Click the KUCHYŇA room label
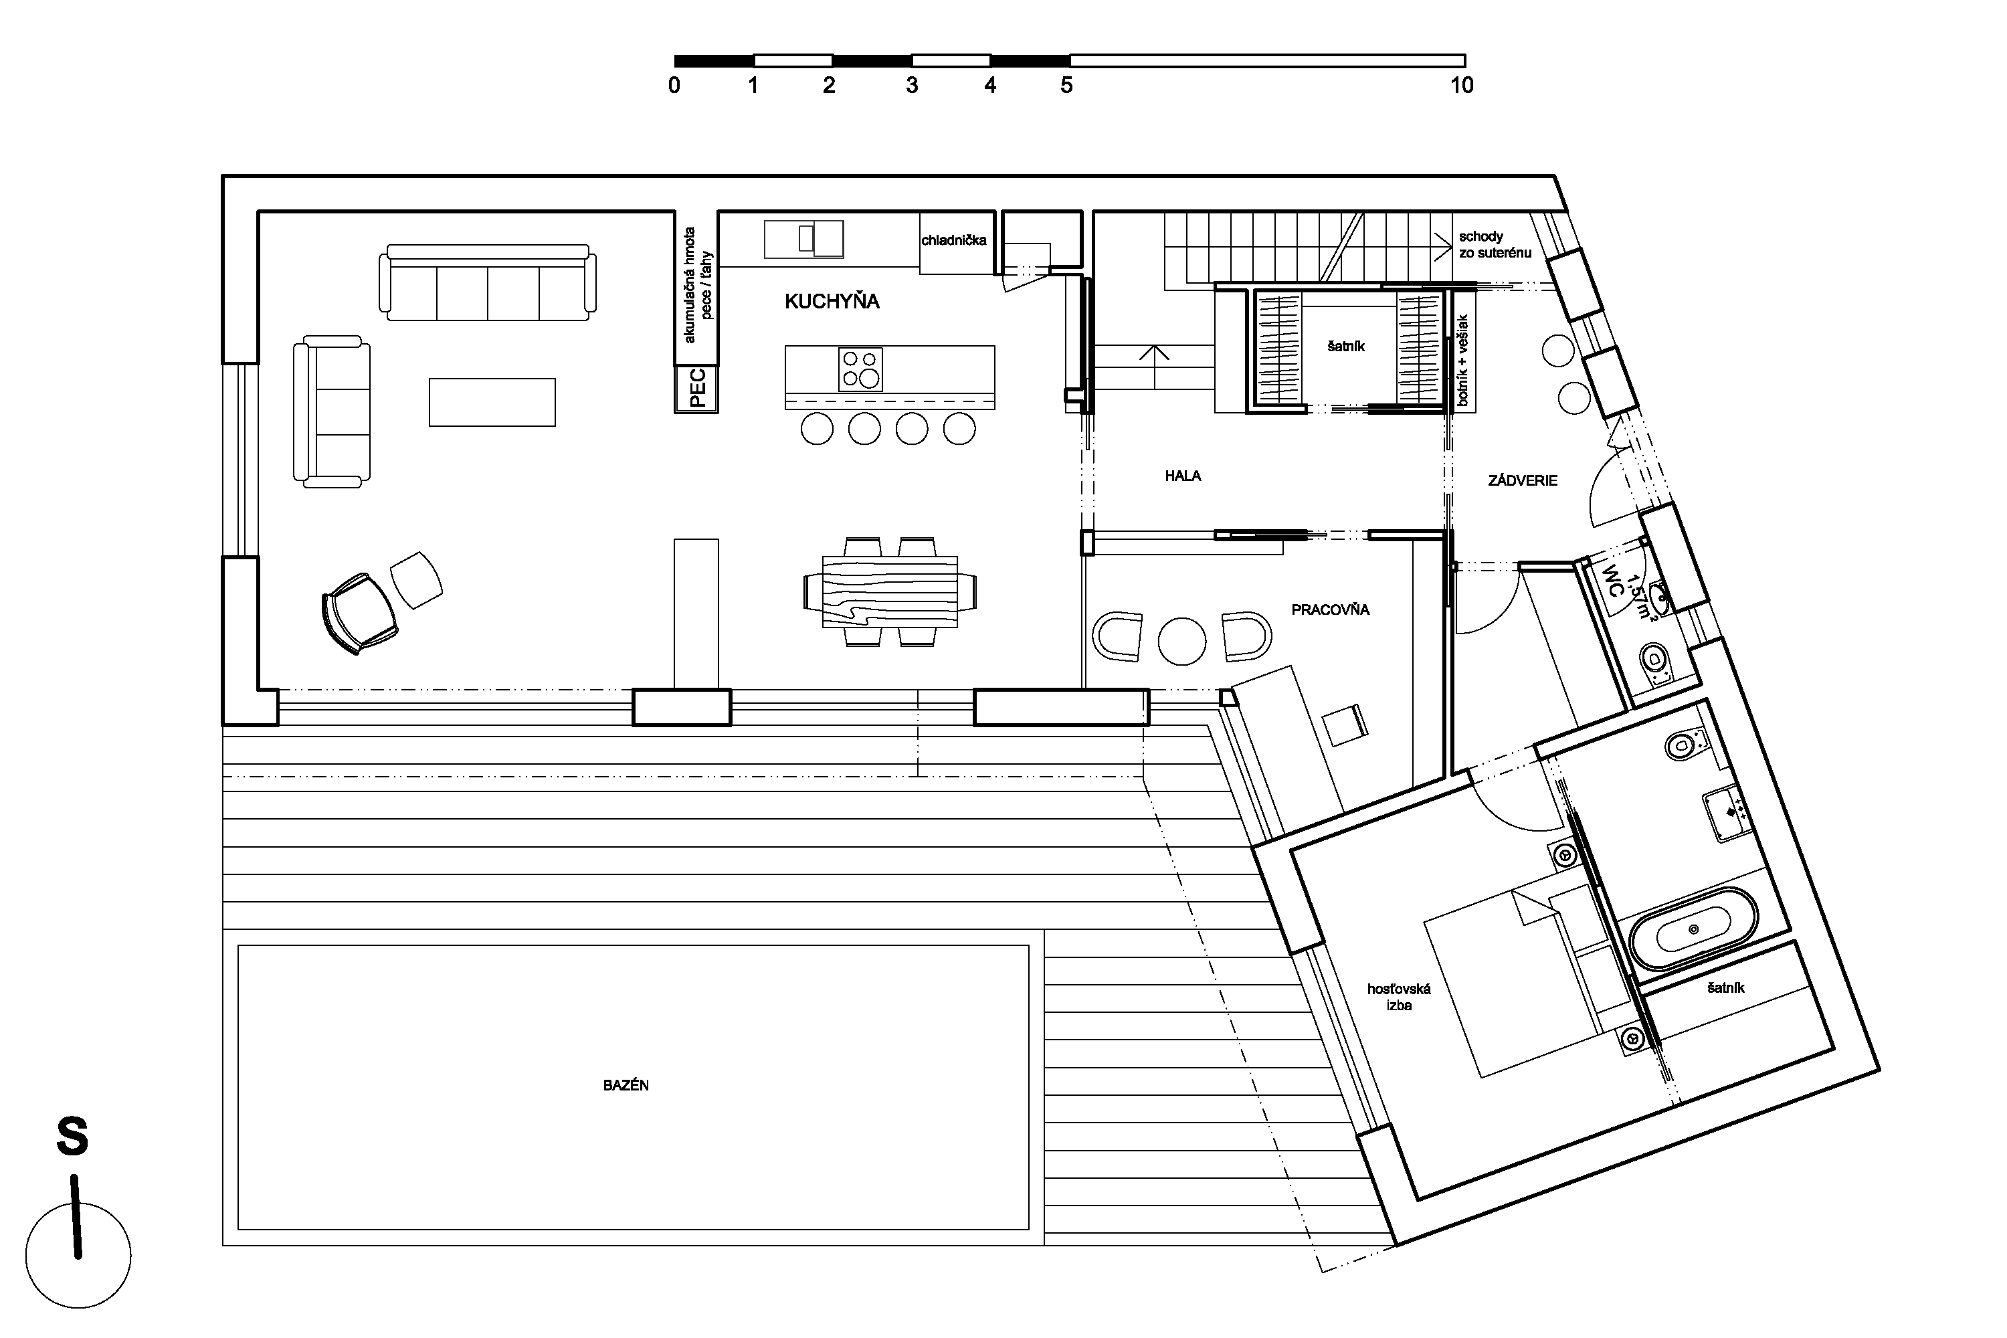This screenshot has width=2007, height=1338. click(x=832, y=301)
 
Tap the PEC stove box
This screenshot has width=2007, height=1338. click(x=696, y=389)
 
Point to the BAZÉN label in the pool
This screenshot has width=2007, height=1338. click(x=626, y=1085)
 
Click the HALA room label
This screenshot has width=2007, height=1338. click(x=1183, y=476)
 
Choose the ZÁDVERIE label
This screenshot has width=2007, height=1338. click(x=1523, y=480)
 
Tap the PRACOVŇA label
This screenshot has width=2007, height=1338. click(x=1329, y=609)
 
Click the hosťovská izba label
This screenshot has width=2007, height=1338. click(x=1399, y=997)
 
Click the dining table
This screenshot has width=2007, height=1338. click(x=890, y=592)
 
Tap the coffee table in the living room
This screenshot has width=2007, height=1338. click(x=492, y=402)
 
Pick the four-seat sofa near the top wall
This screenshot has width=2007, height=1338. click(x=487, y=282)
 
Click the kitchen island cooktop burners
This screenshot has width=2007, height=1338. click(x=860, y=369)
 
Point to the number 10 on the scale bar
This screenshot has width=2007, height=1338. click(x=1462, y=86)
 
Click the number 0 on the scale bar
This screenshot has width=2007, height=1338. click(x=674, y=86)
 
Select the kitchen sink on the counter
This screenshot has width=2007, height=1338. click(x=804, y=239)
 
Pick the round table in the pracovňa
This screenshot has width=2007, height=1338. click(x=1182, y=640)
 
